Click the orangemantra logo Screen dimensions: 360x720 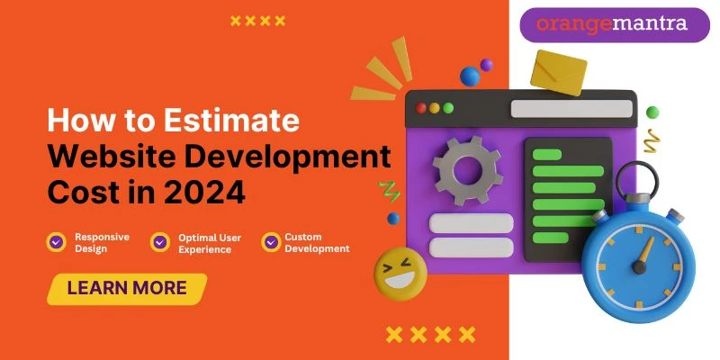pyautogui.click(x=611, y=23)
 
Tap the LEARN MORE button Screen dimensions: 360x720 pyautogui.click(x=127, y=289)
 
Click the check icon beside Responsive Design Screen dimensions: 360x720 pyautogui.click(x=57, y=241)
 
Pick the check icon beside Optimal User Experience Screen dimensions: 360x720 pyautogui.click(x=160, y=241)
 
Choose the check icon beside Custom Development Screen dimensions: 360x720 pyautogui.click(x=271, y=241)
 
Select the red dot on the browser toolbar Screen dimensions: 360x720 pyautogui.click(x=420, y=108)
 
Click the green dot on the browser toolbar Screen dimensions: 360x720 pyautogui.click(x=448, y=108)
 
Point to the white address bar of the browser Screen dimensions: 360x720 pyautogui.click(x=571, y=108)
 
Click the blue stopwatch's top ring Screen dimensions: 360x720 pyautogui.click(x=636, y=176)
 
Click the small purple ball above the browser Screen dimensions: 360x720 pyautogui.click(x=487, y=65)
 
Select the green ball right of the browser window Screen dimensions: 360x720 pyautogui.click(x=652, y=112)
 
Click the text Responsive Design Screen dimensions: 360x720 pyautogui.click(x=102, y=242)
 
